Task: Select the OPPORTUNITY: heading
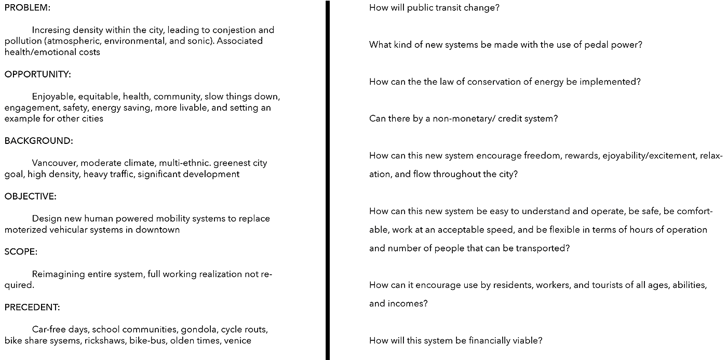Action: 37,74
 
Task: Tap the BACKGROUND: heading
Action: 38,141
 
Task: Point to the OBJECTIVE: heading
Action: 30,196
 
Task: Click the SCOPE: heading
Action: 20,252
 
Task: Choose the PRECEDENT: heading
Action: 32,307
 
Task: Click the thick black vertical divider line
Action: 328,180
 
